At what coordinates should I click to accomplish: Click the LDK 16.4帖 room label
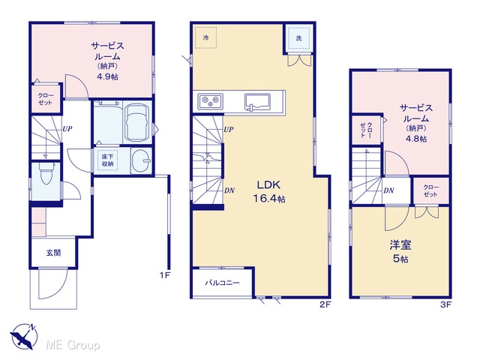pos(269,192)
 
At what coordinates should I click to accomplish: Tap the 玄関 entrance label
pos(53,253)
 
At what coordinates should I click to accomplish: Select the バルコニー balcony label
pos(222,283)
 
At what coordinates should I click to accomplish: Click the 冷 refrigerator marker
pos(206,37)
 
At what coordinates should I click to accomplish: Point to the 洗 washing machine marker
pos(298,38)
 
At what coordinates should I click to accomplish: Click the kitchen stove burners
pos(210,100)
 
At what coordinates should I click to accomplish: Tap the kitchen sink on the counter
pos(257,101)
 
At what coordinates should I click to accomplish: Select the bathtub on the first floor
pos(138,122)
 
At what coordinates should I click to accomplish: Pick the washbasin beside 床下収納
pos(142,160)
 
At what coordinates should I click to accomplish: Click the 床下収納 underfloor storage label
pos(107,160)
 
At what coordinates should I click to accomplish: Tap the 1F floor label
pos(165,275)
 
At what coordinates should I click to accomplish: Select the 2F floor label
pos(325,304)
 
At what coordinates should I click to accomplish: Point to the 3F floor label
pos(446,304)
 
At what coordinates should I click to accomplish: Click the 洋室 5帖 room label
pos(400,252)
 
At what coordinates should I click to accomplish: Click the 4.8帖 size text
pos(416,139)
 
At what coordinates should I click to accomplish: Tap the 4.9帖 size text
pos(107,76)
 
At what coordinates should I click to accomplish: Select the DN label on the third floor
pos(388,190)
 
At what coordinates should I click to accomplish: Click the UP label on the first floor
pos(67,129)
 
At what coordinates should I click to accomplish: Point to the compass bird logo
pos(23,336)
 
